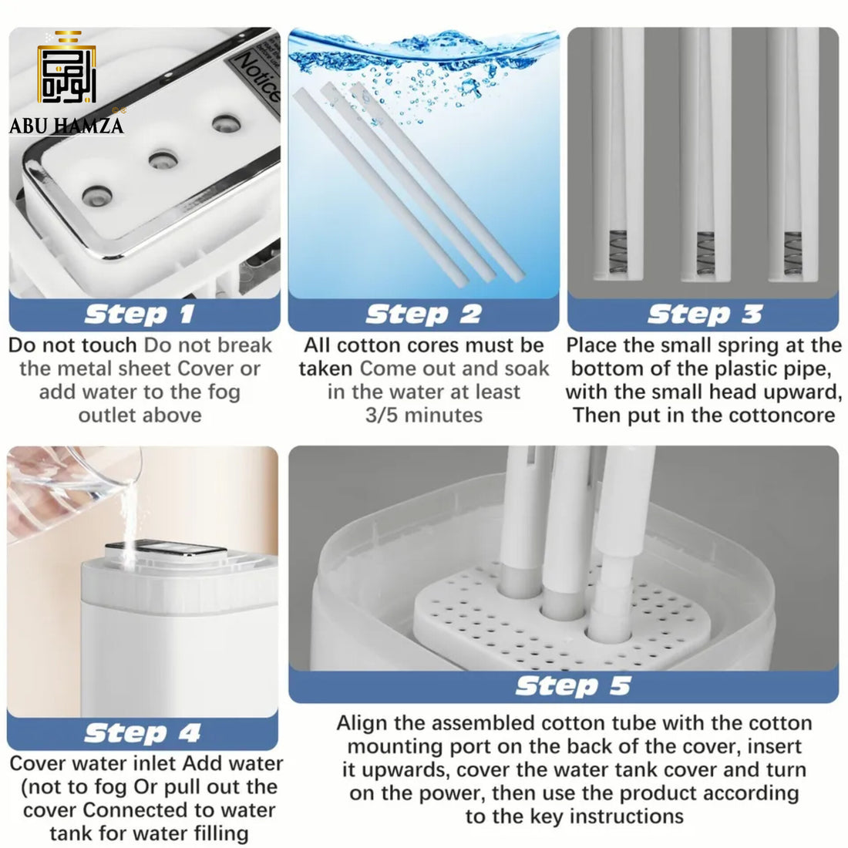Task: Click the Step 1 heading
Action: (x=140, y=315)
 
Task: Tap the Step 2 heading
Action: (x=423, y=315)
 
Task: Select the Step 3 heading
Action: (x=705, y=315)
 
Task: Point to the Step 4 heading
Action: (x=143, y=733)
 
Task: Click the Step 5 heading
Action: (x=574, y=686)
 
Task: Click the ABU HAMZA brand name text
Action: (x=66, y=126)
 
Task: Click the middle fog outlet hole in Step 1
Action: (x=163, y=160)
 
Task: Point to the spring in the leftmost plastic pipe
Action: (x=617, y=252)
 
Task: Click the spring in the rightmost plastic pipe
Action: (x=792, y=253)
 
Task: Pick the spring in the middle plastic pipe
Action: (x=705, y=253)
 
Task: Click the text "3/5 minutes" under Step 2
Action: (x=423, y=416)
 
